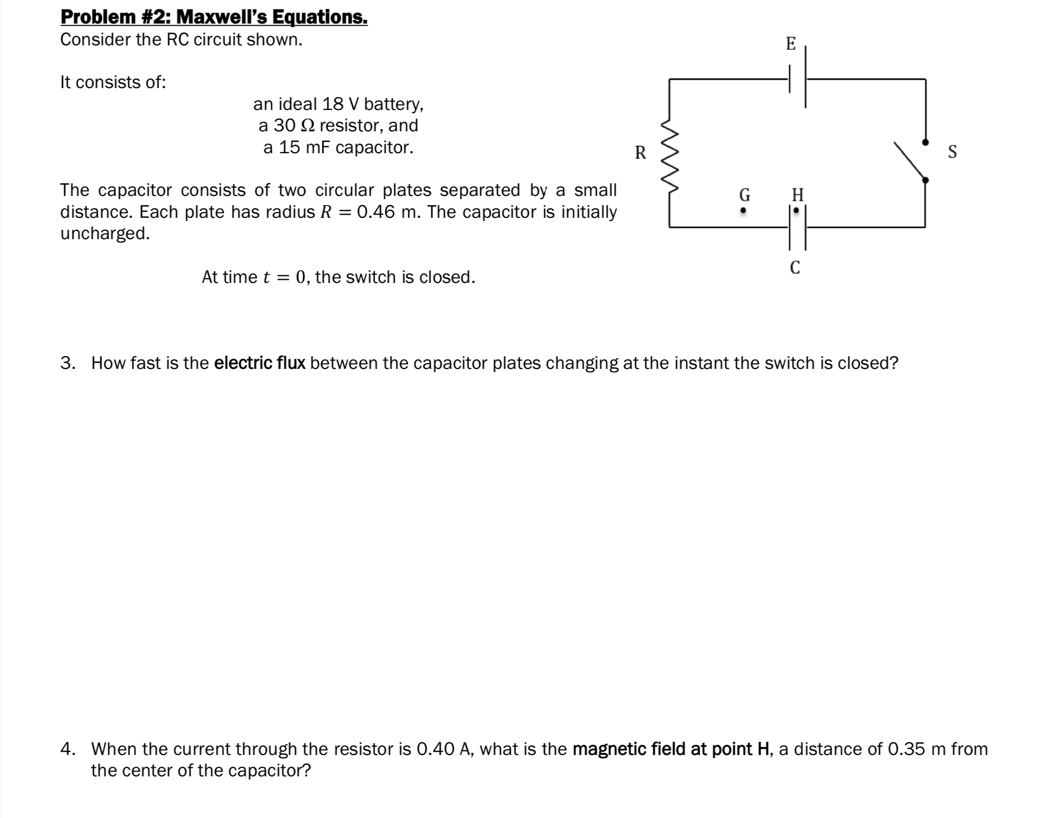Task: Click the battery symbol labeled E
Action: click(797, 78)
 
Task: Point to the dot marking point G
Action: click(742, 211)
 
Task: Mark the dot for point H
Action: click(796, 211)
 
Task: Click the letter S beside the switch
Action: click(952, 152)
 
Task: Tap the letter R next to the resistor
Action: click(640, 153)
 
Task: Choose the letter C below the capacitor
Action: click(795, 267)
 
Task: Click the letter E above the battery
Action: click(791, 44)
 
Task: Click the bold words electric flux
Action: click(259, 363)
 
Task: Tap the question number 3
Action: click(67, 363)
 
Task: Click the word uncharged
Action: click(105, 233)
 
